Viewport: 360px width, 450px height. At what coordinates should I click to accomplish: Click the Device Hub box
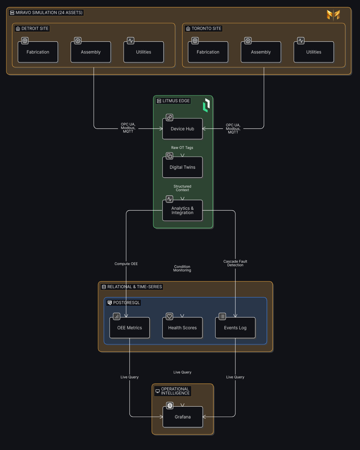[182, 129]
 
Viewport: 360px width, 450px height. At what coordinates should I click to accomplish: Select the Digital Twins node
[182, 167]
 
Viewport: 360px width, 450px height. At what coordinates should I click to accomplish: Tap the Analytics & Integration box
[182, 210]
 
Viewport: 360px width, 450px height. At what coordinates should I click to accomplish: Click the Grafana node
[183, 417]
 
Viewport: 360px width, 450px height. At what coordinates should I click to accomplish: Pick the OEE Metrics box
[130, 328]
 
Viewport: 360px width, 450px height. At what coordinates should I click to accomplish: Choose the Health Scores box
[182, 328]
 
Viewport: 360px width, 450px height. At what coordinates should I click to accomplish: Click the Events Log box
[235, 328]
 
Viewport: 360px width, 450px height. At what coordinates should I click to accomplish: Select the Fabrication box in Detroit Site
[38, 52]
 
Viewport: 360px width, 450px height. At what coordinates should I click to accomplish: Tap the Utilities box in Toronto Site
[314, 52]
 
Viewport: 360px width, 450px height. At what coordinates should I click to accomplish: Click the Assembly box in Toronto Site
[261, 52]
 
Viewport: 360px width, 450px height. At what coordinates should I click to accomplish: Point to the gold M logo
[333, 15]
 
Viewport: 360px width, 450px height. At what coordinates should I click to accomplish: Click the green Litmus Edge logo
[206, 105]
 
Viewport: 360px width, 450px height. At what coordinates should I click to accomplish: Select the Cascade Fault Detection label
[235, 263]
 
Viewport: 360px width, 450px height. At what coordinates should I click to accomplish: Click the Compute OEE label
[126, 264]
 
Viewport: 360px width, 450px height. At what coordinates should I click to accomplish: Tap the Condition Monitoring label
[182, 268]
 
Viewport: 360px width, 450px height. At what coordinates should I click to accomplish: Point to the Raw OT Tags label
[182, 148]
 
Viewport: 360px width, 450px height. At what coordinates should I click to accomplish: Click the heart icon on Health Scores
[170, 316]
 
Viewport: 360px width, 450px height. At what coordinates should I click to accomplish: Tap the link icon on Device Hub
[170, 118]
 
